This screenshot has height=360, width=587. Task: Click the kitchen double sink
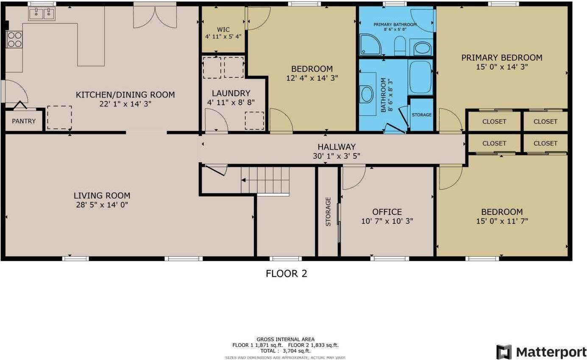[42, 14]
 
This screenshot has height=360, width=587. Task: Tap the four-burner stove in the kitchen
[14, 39]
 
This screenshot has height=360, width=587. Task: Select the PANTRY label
[24, 121]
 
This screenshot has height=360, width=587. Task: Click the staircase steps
[265, 180]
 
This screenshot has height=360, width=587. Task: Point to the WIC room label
[223, 30]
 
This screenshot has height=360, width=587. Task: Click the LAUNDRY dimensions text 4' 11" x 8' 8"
[231, 102]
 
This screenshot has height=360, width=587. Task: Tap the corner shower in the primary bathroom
[370, 45]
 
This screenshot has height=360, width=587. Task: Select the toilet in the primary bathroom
[400, 46]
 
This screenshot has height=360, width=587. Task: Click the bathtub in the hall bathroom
[420, 77]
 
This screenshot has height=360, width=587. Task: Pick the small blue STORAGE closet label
[422, 115]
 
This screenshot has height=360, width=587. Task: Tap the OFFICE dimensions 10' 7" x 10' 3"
[387, 221]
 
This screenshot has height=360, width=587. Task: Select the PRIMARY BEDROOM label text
[502, 58]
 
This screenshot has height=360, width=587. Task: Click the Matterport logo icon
[504, 352]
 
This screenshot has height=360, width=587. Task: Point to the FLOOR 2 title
[286, 273]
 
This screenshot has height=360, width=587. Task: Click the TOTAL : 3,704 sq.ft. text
[285, 351]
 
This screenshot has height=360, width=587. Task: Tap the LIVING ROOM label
[102, 195]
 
